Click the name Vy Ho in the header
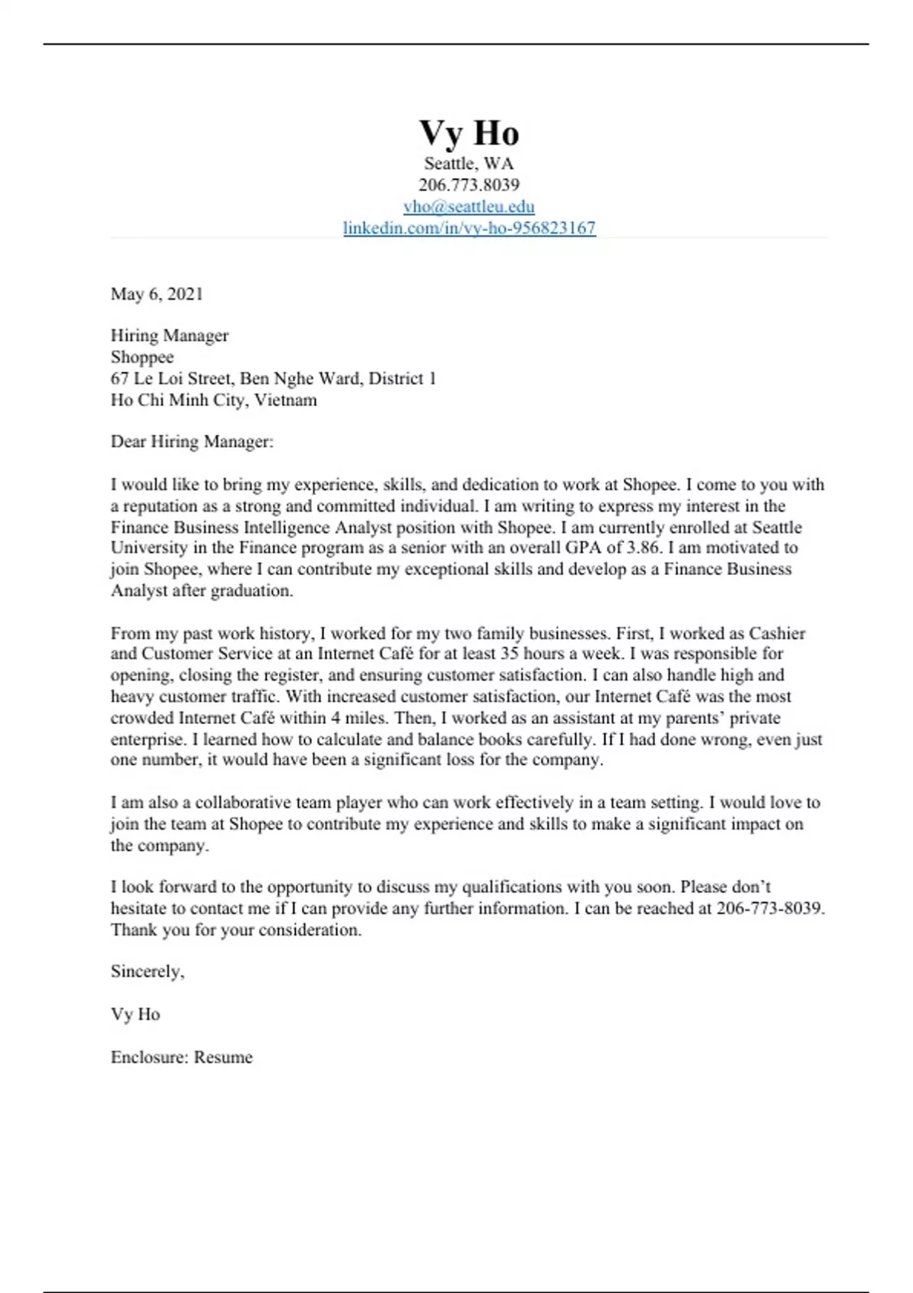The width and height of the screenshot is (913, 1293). pos(469,133)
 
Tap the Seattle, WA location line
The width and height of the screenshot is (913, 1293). pos(469,164)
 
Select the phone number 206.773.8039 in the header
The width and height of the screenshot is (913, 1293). pos(469,185)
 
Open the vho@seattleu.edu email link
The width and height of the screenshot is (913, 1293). pos(469,206)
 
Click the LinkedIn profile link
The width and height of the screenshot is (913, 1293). pos(469,227)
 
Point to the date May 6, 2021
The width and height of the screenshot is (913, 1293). pos(157,294)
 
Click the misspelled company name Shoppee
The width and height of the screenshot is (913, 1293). pos(142,357)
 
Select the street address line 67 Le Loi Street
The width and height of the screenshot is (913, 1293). pos(273,378)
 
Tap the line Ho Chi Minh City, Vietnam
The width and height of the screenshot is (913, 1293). pos(214,400)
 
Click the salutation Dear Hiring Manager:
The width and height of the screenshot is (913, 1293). pos(192,441)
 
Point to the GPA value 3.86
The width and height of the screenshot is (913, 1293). pos(644,548)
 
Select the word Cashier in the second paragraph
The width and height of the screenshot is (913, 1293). pos(777,633)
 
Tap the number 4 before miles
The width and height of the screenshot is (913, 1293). pos(335,717)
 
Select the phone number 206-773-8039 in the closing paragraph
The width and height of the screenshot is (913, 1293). pos(769,908)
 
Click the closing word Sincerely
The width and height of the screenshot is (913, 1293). pos(147,971)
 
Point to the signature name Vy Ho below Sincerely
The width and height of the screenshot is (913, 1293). pos(135,1014)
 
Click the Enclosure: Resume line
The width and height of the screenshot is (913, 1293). pos(181,1057)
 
